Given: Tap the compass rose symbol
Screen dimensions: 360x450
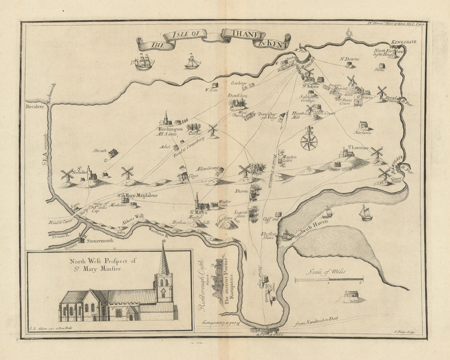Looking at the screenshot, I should pyautogui.click(x=309, y=140).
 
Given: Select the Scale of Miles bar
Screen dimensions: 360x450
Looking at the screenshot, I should pyautogui.click(x=329, y=280).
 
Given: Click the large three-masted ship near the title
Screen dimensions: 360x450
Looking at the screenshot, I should pyautogui.click(x=144, y=62).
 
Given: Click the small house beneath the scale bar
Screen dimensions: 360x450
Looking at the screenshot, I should pyautogui.click(x=351, y=294).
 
